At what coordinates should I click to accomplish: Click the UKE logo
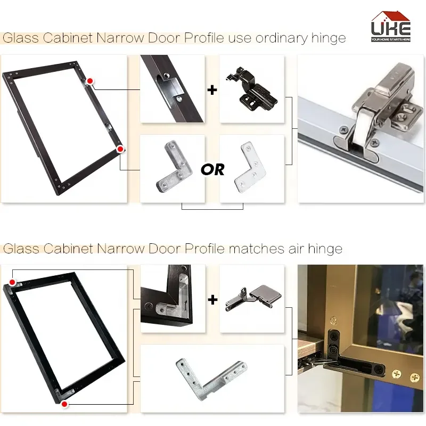click(391, 27)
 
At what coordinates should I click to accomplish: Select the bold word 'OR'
click(212, 169)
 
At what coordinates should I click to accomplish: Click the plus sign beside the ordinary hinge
click(212, 89)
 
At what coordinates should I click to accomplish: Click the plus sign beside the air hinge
click(212, 300)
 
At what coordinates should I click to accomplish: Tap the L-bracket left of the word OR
click(171, 167)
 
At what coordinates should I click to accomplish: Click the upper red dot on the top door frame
click(91, 81)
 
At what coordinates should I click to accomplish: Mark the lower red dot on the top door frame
click(120, 150)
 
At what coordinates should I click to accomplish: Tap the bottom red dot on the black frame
click(64, 404)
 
